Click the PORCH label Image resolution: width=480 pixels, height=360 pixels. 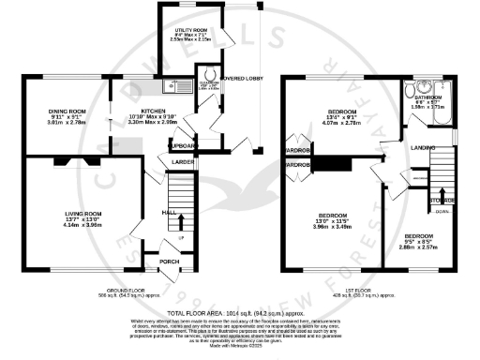tap(169, 262)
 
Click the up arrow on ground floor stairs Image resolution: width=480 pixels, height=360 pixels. tap(181, 221)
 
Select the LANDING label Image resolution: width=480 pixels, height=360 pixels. tap(420, 148)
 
